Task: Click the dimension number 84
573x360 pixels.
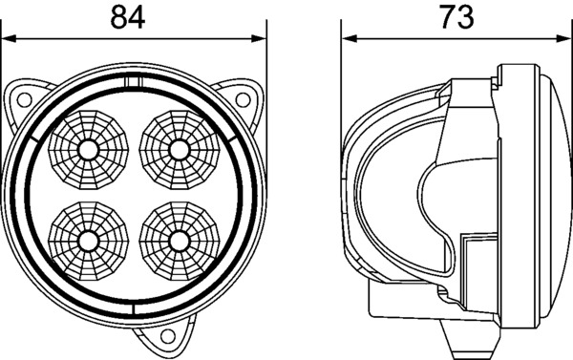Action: (x=128, y=17)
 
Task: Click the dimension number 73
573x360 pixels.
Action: (x=456, y=17)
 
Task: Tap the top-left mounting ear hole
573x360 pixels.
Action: (x=25, y=99)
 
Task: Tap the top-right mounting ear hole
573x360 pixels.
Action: (x=243, y=99)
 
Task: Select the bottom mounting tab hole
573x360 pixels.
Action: (x=168, y=335)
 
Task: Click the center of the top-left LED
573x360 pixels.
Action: (x=88, y=150)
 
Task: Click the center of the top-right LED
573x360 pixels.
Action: (x=180, y=150)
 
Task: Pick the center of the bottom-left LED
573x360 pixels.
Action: (x=88, y=242)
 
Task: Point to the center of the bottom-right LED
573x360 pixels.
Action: (x=180, y=242)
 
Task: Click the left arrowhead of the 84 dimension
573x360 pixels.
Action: (x=9, y=38)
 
